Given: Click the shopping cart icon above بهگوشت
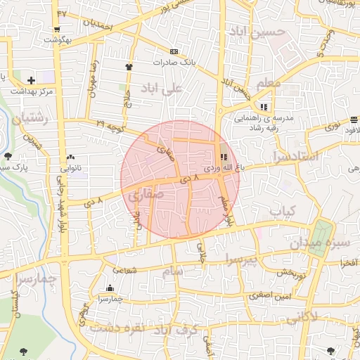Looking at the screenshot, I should coord(56,30).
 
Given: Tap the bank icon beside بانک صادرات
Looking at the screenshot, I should coord(174,51).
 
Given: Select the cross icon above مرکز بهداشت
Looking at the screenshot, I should coord(31,80).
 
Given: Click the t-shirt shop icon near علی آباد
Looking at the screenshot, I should coord(129,67).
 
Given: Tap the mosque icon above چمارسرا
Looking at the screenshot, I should coord(110,288).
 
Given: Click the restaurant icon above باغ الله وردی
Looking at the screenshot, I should coord(224,157).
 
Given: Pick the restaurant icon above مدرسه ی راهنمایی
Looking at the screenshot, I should coord(264,107).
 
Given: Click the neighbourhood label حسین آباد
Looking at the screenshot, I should coord(257,32).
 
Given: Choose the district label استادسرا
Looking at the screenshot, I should coord(295,156).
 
